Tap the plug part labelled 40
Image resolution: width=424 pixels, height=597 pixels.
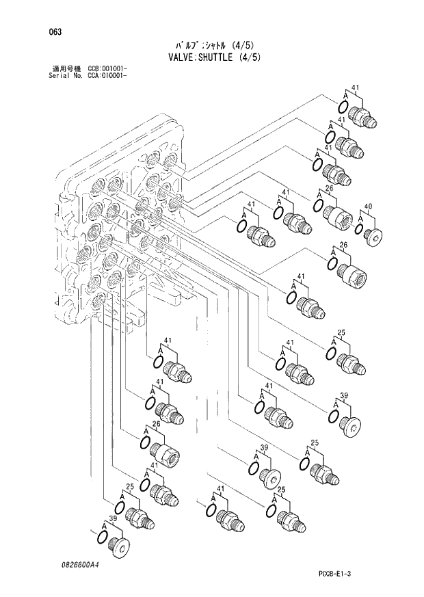[x=374, y=236]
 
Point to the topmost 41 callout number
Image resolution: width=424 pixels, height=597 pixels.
[x=355, y=88]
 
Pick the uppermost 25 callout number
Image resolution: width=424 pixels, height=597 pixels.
[x=341, y=333]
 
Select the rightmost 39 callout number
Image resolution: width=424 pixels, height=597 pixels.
[x=345, y=396]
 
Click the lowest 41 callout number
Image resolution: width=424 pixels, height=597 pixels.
[x=221, y=489]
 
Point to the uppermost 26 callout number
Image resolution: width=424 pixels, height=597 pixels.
[x=329, y=189]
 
